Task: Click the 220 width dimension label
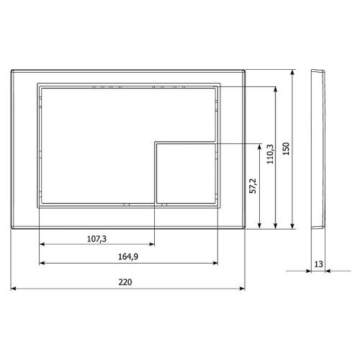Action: click(x=125, y=282)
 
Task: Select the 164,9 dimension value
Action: click(x=128, y=257)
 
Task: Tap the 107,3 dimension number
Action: click(x=96, y=239)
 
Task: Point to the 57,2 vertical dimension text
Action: click(x=253, y=186)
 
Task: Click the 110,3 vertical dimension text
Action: click(x=270, y=154)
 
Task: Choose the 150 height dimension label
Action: click(x=286, y=149)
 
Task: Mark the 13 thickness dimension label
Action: click(x=318, y=264)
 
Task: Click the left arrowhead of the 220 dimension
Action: click(x=14, y=289)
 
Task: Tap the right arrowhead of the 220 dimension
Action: click(x=242, y=289)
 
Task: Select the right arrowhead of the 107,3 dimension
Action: click(x=152, y=244)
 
